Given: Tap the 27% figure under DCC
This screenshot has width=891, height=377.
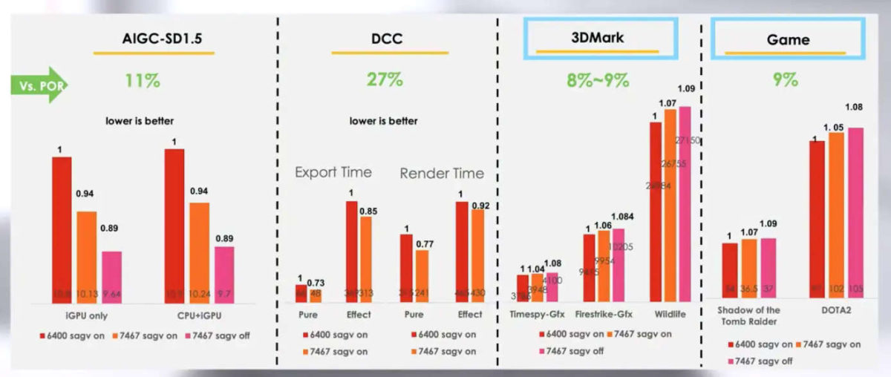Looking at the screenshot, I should tap(385, 80).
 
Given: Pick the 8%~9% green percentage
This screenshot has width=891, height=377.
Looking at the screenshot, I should tap(598, 80).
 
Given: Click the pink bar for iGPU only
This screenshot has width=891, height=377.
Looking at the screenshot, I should tap(111, 276).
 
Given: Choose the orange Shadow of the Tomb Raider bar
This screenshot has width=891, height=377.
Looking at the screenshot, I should tap(748, 270).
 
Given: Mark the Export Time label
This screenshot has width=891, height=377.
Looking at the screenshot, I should tap(333, 172).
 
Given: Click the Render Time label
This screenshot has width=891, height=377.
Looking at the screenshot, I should tap(441, 174).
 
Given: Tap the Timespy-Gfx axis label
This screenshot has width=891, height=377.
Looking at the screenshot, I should tap(538, 314).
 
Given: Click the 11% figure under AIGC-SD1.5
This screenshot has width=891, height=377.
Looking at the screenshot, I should tap(143, 80).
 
